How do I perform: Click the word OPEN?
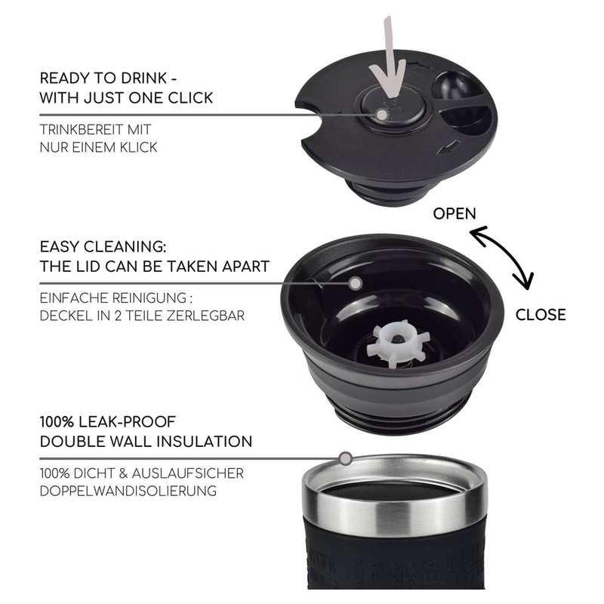(x=455, y=214)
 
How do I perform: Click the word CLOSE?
(x=541, y=315)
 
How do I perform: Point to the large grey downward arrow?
(x=388, y=58)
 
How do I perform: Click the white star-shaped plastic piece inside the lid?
(x=398, y=344)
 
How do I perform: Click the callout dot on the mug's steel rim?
(x=346, y=458)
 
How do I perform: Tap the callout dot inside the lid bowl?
(x=356, y=283)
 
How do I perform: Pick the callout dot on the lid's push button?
(x=382, y=115)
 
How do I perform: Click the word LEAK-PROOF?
(x=127, y=422)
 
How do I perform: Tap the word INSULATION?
(x=204, y=442)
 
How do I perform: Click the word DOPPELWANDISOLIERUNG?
(x=128, y=491)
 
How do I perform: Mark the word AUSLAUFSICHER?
(x=188, y=473)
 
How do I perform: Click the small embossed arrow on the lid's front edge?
(x=448, y=147)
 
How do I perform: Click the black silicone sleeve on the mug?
(x=396, y=558)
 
